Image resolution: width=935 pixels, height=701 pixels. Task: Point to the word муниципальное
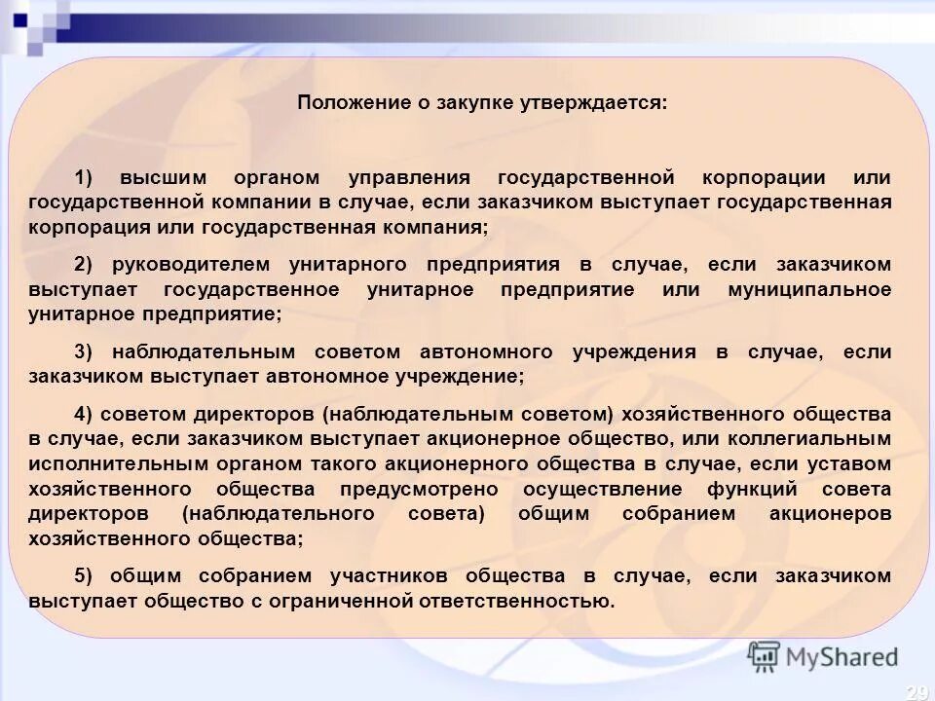tap(809, 290)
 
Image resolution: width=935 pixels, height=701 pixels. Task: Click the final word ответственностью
tap(516, 601)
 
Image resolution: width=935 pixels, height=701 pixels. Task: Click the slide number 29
tap(916, 692)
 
